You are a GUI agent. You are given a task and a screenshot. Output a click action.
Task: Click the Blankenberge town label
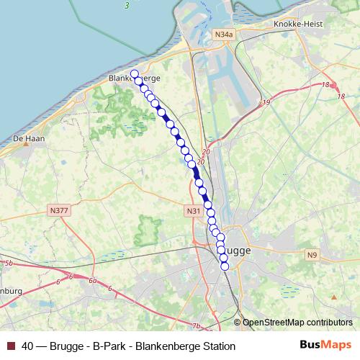pyautogui.click(x=133, y=78)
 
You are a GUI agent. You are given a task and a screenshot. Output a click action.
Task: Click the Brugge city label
pyautogui.click(x=235, y=251)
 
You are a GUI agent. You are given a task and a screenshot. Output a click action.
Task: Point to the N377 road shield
pyautogui.click(x=60, y=210)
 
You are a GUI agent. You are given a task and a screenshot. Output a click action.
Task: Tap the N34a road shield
pyautogui.click(x=224, y=34)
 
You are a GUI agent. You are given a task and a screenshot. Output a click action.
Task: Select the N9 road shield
pyautogui.click(x=312, y=254)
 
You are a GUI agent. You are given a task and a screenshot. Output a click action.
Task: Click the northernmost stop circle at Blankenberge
pyautogui.click(x=134, y=73)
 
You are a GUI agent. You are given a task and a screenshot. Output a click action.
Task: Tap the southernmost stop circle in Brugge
pyautogui.click(x=225, y=266)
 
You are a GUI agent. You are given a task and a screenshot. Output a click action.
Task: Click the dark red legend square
pyautogui.click(x=10, y=346)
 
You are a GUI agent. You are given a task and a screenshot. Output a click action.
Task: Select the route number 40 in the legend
pyautogui.click(x=27, y=346)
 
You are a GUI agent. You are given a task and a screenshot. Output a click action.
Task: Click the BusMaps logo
pyautogui.click(x=325, y=346)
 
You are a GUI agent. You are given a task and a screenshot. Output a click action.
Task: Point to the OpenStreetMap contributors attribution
pyautogui.click(x=297, y=322)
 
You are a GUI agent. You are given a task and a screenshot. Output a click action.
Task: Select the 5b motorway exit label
pyautogui.click(x=9, y=264)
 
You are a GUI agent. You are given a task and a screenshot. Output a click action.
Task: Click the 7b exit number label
pyautogui.click(x=197, y=326)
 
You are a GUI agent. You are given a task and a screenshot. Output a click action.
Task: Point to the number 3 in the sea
pyautogui.click(x=126, y=6)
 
